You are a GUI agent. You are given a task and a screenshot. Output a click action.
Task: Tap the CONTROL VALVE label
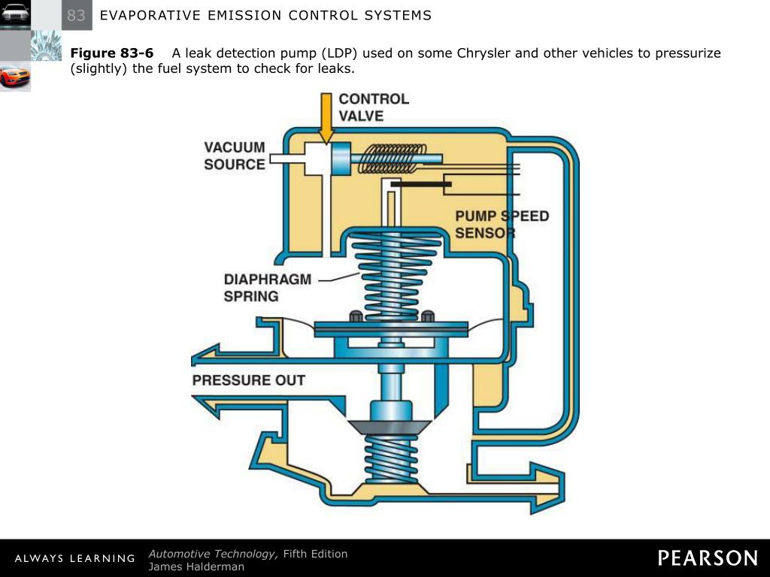(x=374, y=107)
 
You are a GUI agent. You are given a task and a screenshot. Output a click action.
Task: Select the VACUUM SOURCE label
(x=235, y=156)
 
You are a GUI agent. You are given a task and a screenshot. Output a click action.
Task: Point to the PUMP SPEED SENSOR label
(x=502, y=225)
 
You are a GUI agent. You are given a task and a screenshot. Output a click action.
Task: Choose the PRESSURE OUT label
(x=249, y=380)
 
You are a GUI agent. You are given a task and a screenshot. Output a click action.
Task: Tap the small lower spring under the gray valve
(x=390, y=458)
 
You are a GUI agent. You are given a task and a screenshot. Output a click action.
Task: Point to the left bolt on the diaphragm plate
(x=356, y=316)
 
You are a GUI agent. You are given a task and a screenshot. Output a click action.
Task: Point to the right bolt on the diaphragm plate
(x=427, y=316)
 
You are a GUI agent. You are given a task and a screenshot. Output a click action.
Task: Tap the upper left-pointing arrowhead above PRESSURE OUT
(x=207, y=355)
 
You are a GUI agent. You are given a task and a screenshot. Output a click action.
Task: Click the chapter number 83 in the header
(x=76, y=15)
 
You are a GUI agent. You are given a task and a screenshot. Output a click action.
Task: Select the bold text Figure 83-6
(x=111, y=53)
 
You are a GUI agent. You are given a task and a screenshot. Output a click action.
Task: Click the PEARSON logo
(x=708, y=557)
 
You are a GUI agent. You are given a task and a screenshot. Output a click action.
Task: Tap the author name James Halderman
(x=196, y=566)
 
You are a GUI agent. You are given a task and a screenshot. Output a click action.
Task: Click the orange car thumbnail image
(x=15, y=77)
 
